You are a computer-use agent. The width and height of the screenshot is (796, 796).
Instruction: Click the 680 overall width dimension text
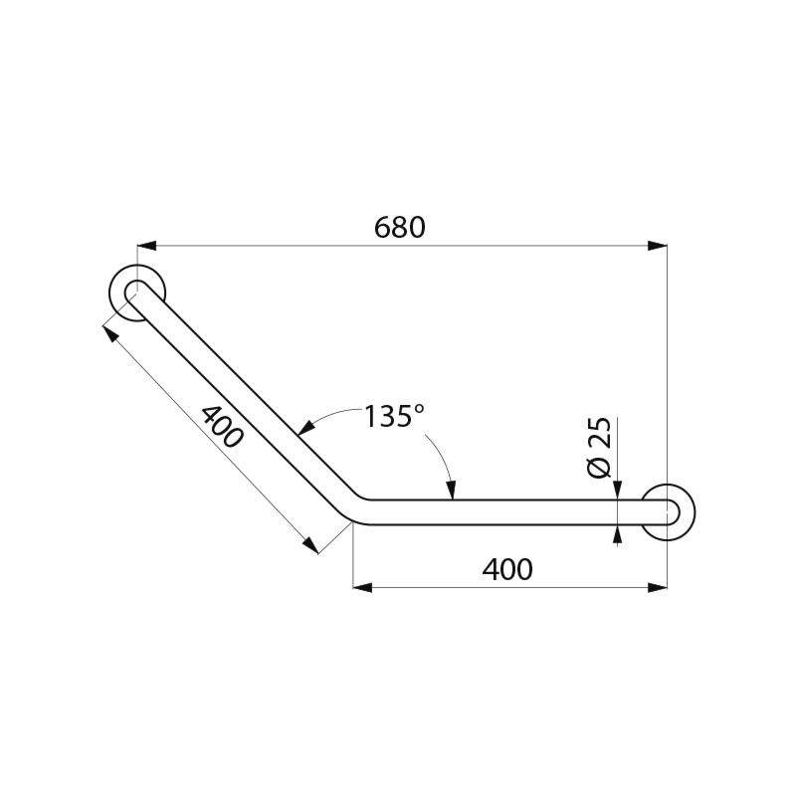[400, 227]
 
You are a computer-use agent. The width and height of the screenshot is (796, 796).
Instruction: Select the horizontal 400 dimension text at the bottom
[506, 569]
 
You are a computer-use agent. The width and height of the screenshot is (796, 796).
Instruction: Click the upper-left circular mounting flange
[137, 295]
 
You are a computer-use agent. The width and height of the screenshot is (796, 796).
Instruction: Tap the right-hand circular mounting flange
[668, 512]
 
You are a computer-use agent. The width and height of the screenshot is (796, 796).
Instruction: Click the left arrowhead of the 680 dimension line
[145, 244]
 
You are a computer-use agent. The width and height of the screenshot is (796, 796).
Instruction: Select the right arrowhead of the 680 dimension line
[658, 244]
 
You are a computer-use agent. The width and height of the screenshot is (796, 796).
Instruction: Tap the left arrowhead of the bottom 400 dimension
[362, 587]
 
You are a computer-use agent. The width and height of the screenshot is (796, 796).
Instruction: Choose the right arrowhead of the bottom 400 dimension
[658, 587]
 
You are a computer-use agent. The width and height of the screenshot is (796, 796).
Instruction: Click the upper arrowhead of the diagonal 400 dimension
[108, 329]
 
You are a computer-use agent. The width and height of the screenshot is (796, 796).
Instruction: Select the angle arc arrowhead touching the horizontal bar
[452, 491]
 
